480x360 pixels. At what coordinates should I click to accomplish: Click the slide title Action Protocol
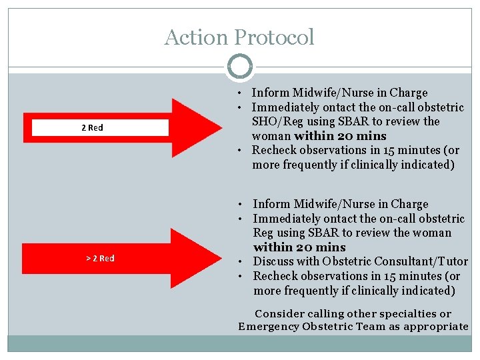pos(239,37)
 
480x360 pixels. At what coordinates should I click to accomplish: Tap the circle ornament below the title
pos(239,67)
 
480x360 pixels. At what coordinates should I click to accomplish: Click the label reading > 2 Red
pos(100,258)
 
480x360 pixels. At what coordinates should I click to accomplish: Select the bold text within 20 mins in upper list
pos(340,136)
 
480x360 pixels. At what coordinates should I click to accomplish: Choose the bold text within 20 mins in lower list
pos(291,247)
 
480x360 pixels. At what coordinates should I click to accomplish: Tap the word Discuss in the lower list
pos(274,261)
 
